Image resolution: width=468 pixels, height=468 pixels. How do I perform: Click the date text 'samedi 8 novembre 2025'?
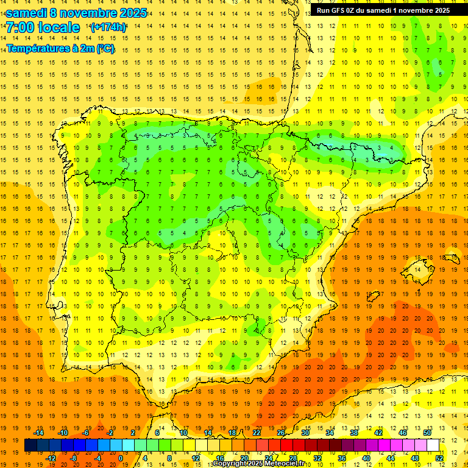coord(76,12)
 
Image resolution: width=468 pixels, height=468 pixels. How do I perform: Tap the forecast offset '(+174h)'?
coord(108,27)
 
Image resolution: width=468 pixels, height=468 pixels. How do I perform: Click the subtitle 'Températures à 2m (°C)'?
coord(60,48)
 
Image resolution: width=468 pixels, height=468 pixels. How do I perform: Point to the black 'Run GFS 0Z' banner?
coord(383,10)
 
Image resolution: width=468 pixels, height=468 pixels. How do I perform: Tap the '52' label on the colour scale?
coord(439,458)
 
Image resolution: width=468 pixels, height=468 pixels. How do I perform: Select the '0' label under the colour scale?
coord(121,458)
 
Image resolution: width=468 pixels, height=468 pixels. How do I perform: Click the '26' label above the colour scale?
coord(281,433)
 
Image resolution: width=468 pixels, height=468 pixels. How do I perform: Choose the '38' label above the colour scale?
coord(354,433)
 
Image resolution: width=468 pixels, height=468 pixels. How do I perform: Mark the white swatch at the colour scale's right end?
coord(433,445)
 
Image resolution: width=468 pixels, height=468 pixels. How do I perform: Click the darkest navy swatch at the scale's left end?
coord(31,445)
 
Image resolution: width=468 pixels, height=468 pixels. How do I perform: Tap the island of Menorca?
coord(452,258)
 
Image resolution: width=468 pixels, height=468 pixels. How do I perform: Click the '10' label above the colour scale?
coord(183,433)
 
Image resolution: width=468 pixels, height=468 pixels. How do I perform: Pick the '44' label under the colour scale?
coord(391,458)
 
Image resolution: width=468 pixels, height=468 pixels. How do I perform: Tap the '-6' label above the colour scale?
coord(86,433)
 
